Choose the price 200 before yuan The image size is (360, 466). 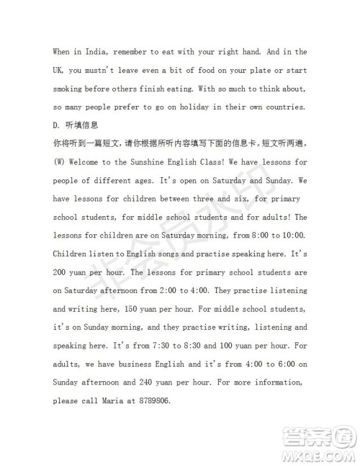(63, 274)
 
